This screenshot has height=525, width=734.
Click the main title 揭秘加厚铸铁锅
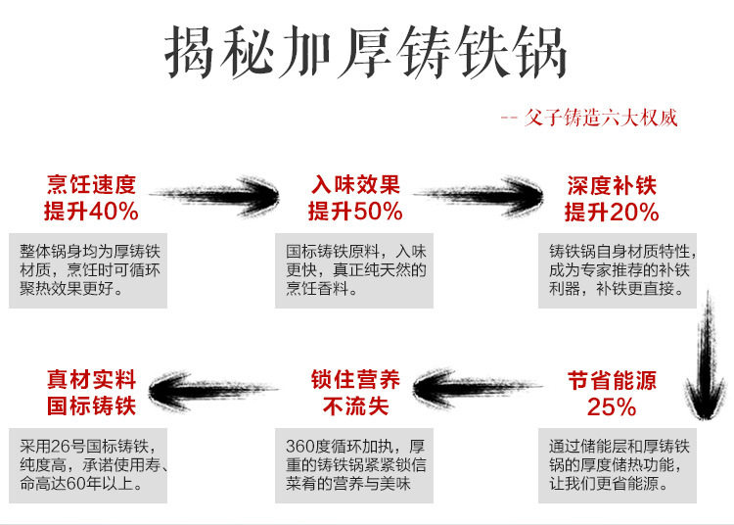(366, 53)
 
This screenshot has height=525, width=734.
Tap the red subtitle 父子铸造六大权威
(601, 118)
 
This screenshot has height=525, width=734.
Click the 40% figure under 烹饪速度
(114, 212)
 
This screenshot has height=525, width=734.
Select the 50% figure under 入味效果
(378, 212)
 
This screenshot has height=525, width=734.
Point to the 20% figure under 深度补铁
(634, 213)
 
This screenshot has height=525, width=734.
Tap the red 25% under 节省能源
(612, 406)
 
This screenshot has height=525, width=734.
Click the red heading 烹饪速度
(91, 184)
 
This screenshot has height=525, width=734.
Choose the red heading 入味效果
(356, 184)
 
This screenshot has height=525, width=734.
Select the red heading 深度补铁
(612, 185)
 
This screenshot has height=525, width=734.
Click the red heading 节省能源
(612, 380)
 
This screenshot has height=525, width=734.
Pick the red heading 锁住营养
(356, 379)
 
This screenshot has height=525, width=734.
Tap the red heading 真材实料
(91, 379)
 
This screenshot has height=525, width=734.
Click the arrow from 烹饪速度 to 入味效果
(214, 195)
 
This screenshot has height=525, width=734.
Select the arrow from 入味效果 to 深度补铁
(479, 196)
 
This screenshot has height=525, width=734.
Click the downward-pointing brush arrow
(705, 355)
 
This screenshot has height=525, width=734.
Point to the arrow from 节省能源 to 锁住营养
(478, 388)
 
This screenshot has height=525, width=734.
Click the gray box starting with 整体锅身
(88, 270)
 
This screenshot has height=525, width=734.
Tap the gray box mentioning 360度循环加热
(354, 465)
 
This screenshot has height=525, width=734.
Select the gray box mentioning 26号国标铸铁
(88, 465)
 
